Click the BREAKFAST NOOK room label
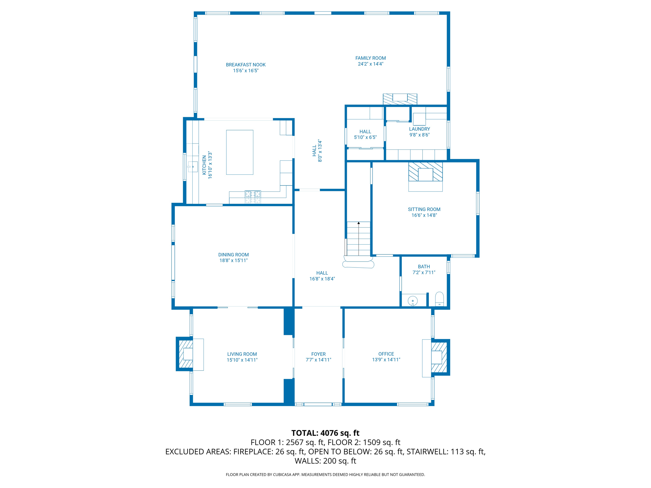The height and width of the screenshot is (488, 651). [245, 65]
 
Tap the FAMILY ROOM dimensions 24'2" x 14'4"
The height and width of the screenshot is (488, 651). [370, 64]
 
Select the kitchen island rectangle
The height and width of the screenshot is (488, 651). [240, 152]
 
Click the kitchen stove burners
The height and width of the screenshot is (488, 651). [253, 197]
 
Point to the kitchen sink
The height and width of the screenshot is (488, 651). [193, 166]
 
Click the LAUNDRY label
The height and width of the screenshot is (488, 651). [419, 129]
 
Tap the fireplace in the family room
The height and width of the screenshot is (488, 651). [400, 99]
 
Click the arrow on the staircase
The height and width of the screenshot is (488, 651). [359, 223]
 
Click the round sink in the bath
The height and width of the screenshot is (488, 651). [413, 301]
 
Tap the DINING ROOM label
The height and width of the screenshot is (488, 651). [233, 255]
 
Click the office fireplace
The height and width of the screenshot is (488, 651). [439, 357]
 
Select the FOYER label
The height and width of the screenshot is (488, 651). [318, 354]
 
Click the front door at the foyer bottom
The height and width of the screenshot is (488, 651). [318, 404]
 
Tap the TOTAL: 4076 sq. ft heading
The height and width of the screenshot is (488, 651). [325, 433]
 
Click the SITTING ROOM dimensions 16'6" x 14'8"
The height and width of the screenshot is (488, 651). [424, 215]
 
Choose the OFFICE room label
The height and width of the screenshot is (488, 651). [386, 354]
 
